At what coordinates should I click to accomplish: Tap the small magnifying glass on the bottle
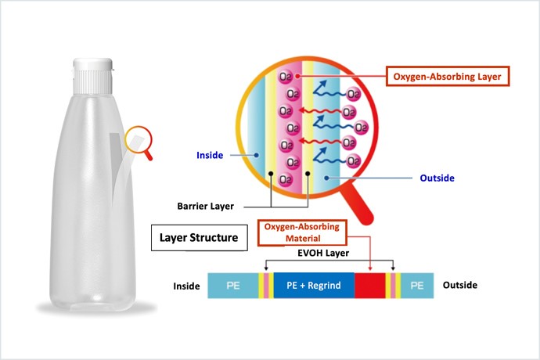coord(140,139)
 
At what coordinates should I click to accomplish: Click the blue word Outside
coord(437,178)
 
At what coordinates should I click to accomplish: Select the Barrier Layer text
coord(206,207)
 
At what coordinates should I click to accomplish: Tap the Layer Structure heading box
coord(199,236)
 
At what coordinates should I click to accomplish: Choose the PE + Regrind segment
coord(313,286)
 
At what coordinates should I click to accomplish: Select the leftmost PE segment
coord(233,286)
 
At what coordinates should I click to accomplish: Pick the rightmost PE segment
coord(417,286)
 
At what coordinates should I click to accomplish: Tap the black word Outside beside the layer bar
coord(459,286)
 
